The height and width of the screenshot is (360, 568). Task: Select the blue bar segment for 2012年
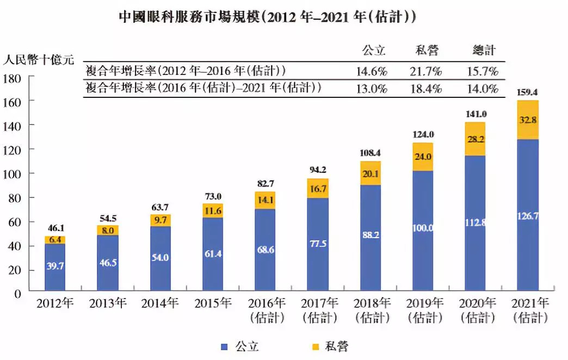pos(55,266)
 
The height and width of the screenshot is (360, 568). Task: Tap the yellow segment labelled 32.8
pos(528,120)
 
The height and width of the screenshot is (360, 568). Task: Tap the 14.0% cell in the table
pos(483,88)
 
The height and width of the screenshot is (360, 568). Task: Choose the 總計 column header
pos(483,51)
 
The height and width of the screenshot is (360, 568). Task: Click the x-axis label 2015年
pos(212,303)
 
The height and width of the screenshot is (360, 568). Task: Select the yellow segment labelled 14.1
pos(265,200)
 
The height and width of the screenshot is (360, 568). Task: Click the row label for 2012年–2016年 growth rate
pos(186,71)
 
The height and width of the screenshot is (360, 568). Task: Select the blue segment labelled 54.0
pos(160,258)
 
